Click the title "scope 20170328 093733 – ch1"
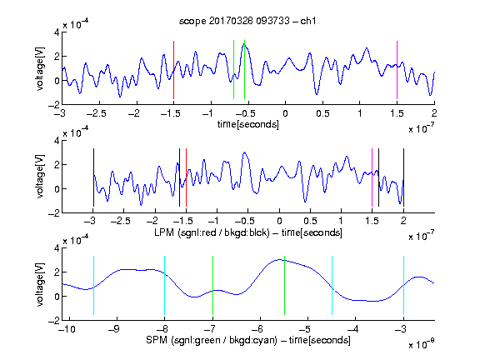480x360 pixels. pyautogui.click(x=247, y=21)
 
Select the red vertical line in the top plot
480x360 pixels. pyautogui.click(x=173, y=70)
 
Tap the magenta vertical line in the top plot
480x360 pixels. pyautogui.click(x=397, y=70)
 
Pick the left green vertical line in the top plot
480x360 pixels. pyautogui.click(x=233, y=69)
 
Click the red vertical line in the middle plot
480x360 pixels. pyautogui.click(x=186, y=177)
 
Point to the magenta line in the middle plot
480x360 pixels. pyautogui.click(x=372, y=177)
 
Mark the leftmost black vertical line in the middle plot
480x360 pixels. pyautogui.click(x=93, y=177)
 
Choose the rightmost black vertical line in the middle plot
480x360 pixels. pyautogui.click(x=403, y=177)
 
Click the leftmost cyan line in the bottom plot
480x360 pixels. pyautogui.click(x=93, y=285)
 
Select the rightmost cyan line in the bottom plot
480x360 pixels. pyautogui.click(x=403, y=285)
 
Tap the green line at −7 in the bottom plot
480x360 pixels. pyautogui.click(x=212, y=285)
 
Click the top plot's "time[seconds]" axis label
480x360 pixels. pyautogui.click(x=248, y=124)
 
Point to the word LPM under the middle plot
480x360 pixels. pyautogui.click(x=164, y=232)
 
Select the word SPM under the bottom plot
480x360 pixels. pyautogui.click(x=157, y=340)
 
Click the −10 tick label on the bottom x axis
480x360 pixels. pyautogui.click(x=67, y=329)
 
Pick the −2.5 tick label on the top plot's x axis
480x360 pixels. pyautogui.click(x=96, y=113)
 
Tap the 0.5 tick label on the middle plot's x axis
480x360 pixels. pyautogui.click(x=310, y=221)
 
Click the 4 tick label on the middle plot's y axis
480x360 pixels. pyautogui.click(x=57, y=141)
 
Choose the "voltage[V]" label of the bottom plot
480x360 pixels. pyautogui.click(x=40, y=284)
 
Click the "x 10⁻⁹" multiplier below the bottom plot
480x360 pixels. pyautogui.click(x=421, y=344)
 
